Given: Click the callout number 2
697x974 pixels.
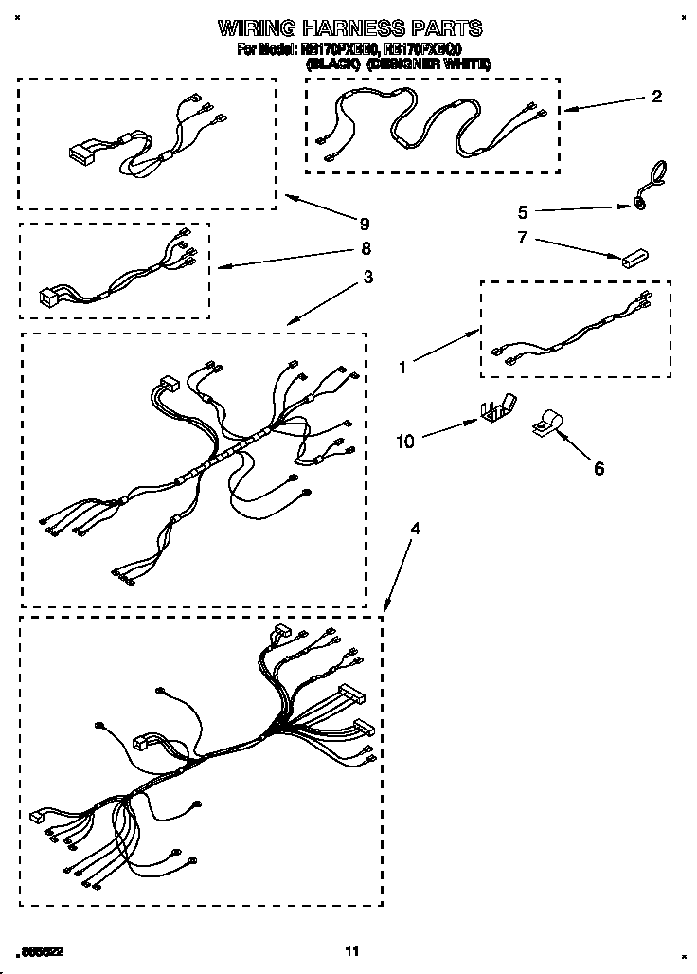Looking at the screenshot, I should click(x=656, y=97).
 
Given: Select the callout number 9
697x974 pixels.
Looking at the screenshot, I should click(x=364, y=225).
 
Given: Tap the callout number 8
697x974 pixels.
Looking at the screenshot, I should click(x=366, y=249).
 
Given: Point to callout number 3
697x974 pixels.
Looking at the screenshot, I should click(x=367, y=278).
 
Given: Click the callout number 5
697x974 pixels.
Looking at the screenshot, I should click(x=522, y=212).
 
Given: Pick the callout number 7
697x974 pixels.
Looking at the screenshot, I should click(x=522, y=237).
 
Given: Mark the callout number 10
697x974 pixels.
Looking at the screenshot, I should click(x=404, y=441).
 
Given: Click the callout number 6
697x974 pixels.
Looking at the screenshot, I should click(x=598, y=468).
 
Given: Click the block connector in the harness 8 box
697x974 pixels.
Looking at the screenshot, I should click(x=47, y=296).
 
